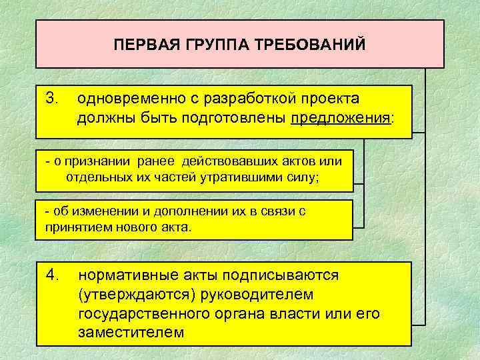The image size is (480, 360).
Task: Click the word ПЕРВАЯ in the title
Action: point(141,45)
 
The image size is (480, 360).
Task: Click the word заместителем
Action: point(131,331)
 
